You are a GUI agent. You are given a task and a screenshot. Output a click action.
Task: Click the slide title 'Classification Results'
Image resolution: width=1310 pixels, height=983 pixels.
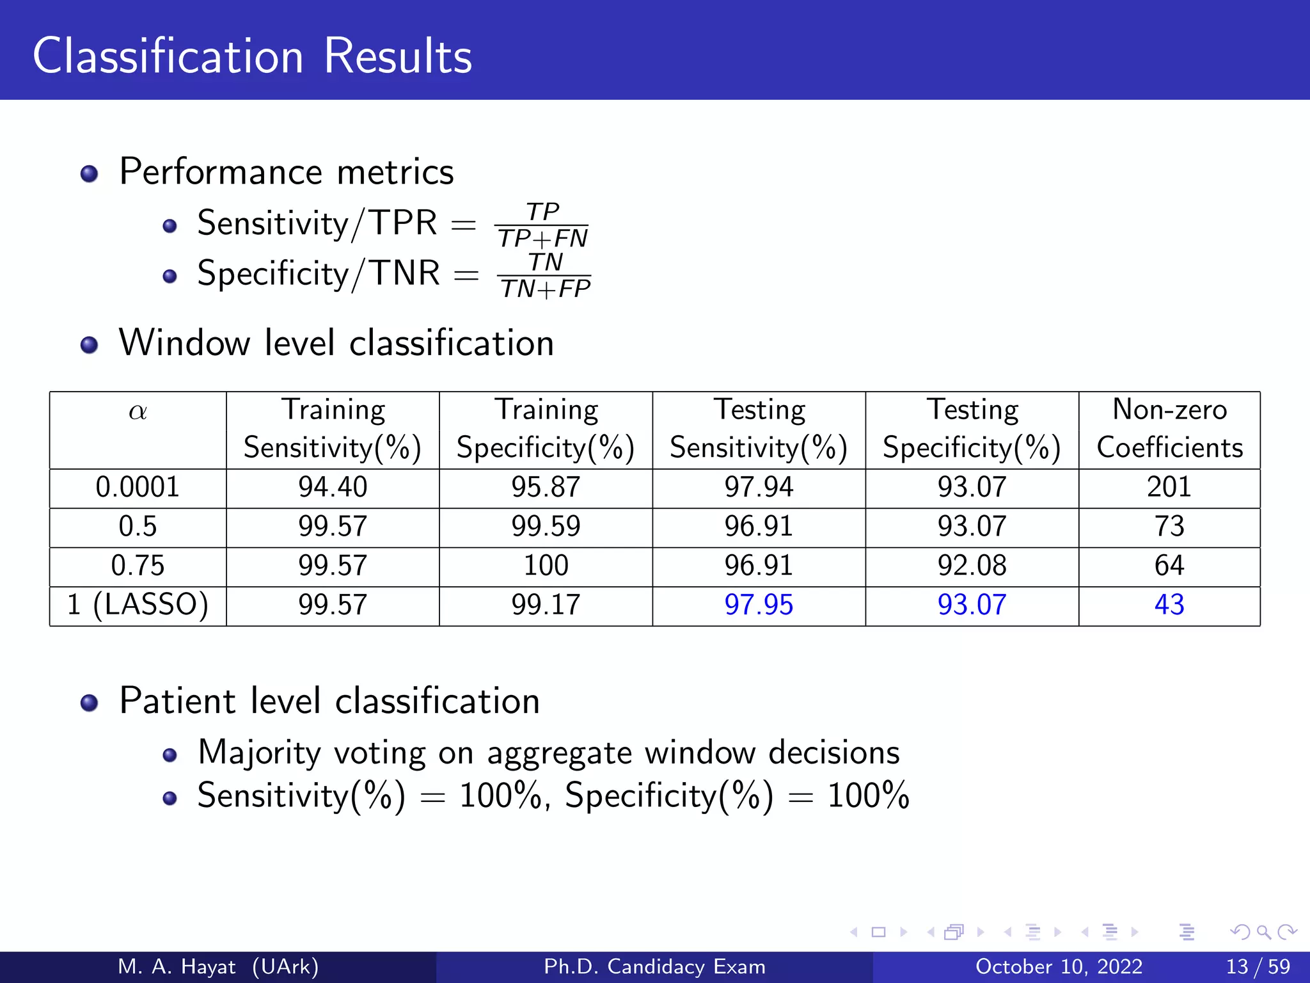point(252,56)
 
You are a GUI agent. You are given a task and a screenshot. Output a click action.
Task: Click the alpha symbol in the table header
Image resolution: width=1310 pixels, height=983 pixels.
point(138,412)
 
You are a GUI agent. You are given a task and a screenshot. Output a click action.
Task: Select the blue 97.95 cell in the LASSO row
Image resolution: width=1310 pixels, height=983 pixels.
point(759,605)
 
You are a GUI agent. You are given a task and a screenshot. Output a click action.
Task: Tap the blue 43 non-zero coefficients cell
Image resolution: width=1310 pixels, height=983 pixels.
point(1169,605)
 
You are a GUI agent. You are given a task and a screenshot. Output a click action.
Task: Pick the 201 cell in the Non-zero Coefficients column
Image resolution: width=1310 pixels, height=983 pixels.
point(1169,487)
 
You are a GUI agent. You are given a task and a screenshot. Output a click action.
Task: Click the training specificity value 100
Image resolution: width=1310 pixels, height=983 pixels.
point(546,566)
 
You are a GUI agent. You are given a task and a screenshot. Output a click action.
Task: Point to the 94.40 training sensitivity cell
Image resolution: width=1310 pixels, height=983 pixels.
point(333,487)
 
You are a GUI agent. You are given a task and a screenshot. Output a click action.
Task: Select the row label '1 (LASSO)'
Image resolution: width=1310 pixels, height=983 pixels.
point(138,605)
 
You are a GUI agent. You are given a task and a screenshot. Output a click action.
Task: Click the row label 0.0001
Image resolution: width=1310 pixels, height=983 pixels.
point(138,487)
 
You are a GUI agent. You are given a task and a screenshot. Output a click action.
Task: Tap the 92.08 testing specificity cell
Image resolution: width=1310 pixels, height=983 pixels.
point(972,566)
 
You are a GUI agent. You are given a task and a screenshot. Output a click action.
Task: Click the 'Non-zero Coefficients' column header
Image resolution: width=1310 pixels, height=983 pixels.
point(1169,428)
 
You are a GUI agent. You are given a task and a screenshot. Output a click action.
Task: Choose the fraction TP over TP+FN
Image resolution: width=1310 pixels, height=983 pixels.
point(542,225)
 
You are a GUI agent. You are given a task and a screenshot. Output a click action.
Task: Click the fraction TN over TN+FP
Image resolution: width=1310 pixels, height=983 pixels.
point(545,276)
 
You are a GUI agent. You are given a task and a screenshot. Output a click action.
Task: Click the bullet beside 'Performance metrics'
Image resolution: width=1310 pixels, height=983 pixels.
point(90,174)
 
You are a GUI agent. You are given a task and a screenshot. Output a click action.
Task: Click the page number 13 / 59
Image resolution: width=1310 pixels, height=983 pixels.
point(1258,966)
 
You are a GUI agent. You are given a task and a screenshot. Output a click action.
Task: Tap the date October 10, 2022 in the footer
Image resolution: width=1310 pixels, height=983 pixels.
point(1059,966)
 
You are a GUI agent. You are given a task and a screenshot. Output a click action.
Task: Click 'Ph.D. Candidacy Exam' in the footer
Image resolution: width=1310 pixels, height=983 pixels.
point(654,966)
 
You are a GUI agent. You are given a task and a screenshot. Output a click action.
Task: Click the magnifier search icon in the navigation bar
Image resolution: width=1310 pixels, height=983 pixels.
point(1263,932)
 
